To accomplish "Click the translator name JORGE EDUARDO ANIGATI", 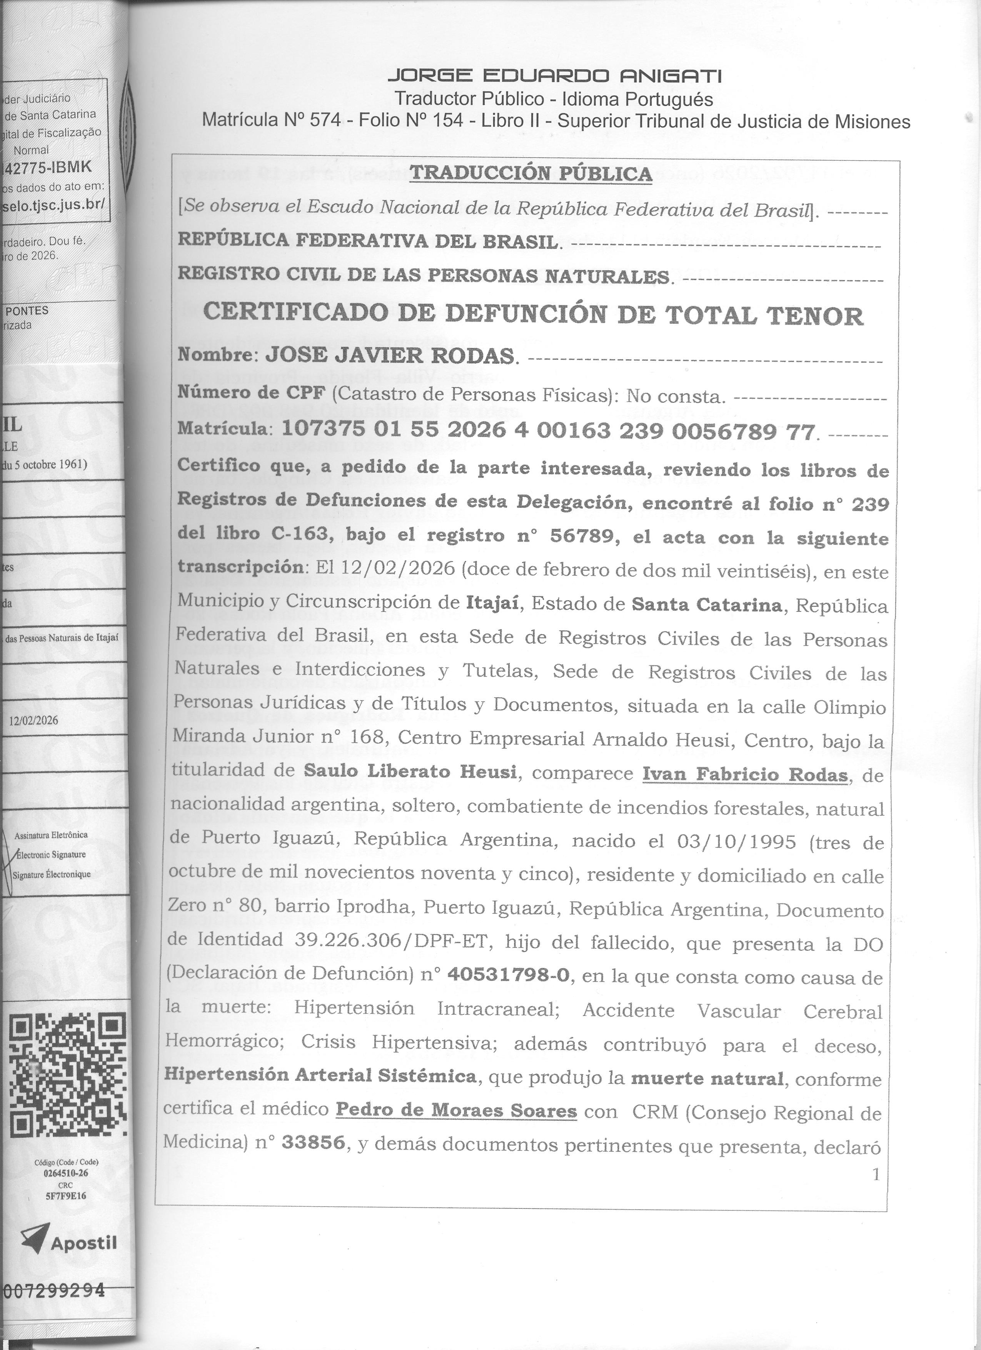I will pos(554,76).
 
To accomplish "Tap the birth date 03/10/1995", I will pos(736,841).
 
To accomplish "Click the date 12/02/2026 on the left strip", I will pos(34,720).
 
